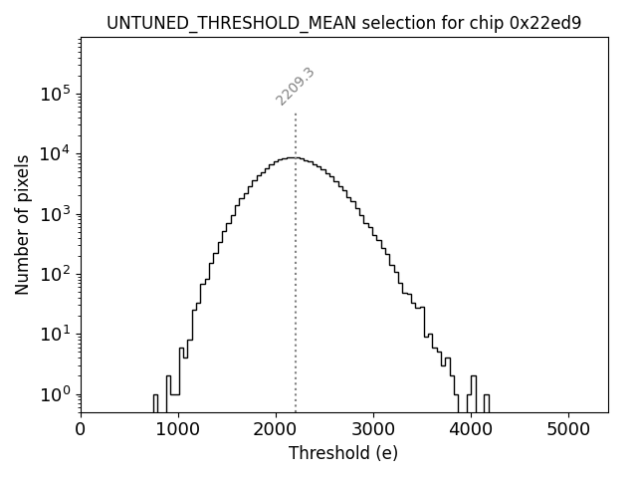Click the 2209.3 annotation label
click(296, 87)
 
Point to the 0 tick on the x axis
click(81, 429)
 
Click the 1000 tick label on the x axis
click(178, 429)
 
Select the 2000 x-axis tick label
click(276, 429)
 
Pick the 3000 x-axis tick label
click(373, 429)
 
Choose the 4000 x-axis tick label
click(471, 429)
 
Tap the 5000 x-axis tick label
click(568, 429)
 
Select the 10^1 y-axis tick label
click(55, 334)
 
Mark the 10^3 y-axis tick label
click(55, 213)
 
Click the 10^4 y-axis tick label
click(55, 153)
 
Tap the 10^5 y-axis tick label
click(55, 93)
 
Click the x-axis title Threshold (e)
click(343, 453)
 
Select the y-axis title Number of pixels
click(22, 224)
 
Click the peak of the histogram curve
click(290, 157)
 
